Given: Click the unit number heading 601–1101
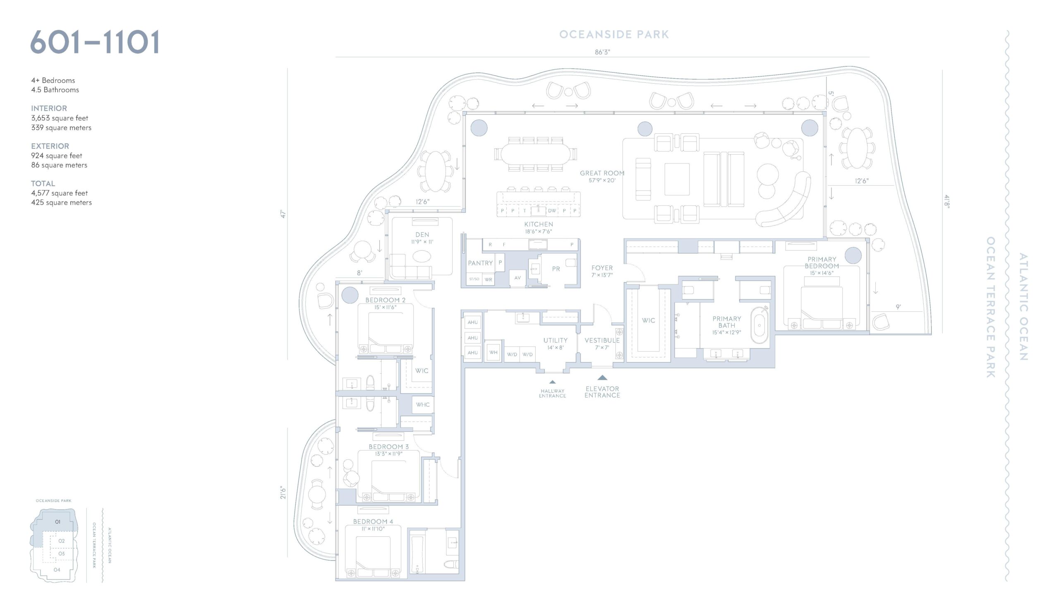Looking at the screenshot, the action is click(x=95, y=42).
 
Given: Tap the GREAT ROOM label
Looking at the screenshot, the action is click(x=602, y=173).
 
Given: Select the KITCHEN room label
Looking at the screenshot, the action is click(x=538, y=224).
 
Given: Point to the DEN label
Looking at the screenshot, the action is click(x=422, y=235).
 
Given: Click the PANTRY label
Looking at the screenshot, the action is click(x=480, y=263).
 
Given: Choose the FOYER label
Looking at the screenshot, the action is click(x=602, y=268).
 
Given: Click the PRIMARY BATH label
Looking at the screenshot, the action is click(x=726, y=322).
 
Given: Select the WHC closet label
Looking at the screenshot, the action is click(x=423, y=405).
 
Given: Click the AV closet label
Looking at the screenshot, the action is click(x=518, y=278).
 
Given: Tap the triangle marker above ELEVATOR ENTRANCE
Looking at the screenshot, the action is click(x=602, y=377).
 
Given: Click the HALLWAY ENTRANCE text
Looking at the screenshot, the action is click(x=552, y=394).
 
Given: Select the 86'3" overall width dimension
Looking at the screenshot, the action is click(x=602, y=52).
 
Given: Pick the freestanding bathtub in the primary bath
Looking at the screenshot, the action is click(x=760, y=325).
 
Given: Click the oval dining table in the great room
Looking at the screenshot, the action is click(x=535, y=154).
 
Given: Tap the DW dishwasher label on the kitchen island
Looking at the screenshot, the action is click(x=552, y=211).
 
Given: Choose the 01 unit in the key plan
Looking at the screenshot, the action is click(x=58, y=522).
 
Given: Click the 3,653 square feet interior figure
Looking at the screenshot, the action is click(x=60, y=118).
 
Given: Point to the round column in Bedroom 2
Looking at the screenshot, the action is click(x=350, y=295).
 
